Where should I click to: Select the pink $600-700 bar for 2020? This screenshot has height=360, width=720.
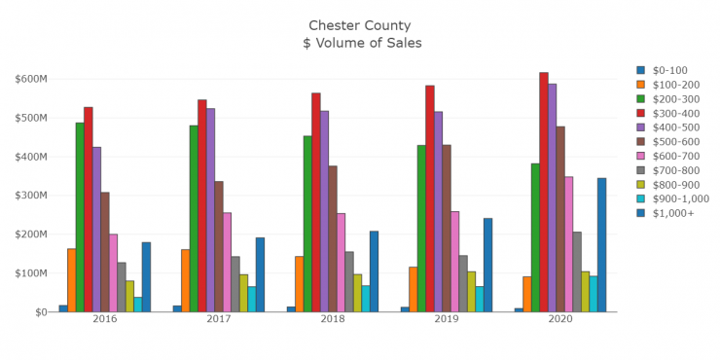(568, 244)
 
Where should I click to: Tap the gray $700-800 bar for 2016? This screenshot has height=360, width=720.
(122, 287)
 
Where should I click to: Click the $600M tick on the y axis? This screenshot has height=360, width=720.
(34, 79)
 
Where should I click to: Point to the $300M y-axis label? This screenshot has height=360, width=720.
(34, 196)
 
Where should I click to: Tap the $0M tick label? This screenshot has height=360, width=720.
(39, 312)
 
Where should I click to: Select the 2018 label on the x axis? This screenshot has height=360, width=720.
(333, 320)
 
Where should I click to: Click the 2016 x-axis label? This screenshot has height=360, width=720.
(105, 320)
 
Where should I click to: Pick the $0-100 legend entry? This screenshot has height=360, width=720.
(668, 69)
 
